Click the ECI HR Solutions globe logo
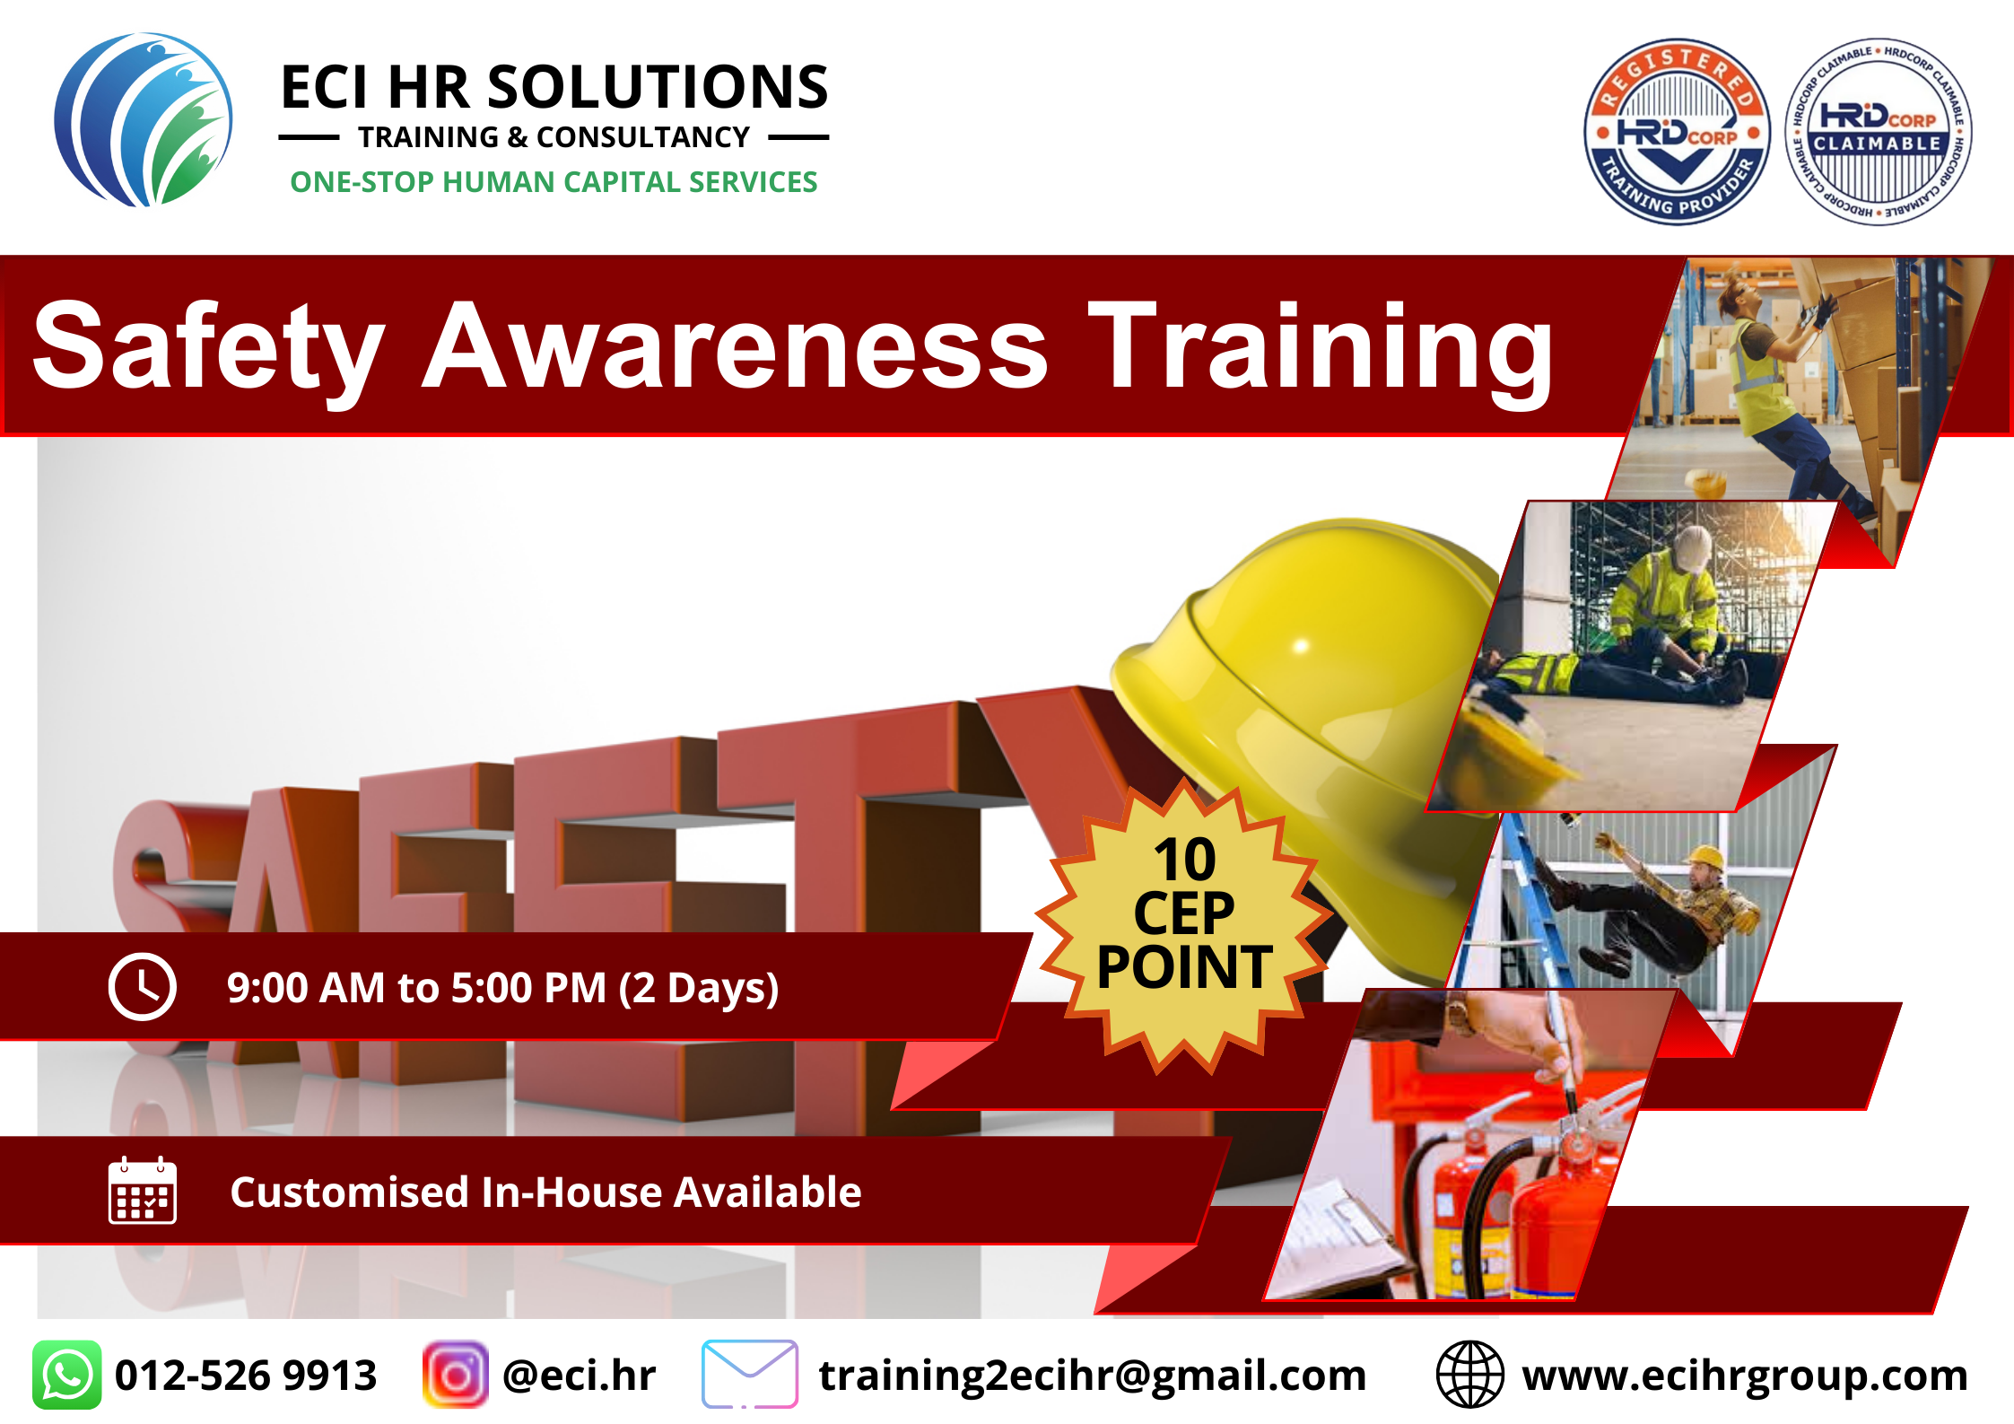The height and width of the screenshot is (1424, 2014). pos(144,120)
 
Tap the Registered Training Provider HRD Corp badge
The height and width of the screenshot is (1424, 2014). pos(1677,131)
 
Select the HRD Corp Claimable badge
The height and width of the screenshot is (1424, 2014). pos(1878,131)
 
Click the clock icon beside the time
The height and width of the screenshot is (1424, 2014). pos(142,987)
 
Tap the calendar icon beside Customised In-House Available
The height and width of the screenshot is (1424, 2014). pos(142,1190)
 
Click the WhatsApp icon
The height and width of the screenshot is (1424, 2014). pos(67,1375)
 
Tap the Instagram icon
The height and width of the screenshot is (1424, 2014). pos(456,1375)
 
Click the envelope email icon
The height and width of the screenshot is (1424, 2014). pos(750,1375)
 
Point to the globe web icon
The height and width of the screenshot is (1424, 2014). pos(1469,1375)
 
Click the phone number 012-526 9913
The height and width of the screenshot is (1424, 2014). pos(246,1376)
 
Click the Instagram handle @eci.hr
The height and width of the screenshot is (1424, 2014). pos(580,1376)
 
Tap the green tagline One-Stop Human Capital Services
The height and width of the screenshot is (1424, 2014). pos(554,182)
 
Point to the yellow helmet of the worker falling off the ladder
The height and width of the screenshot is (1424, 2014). pos(1705,859)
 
